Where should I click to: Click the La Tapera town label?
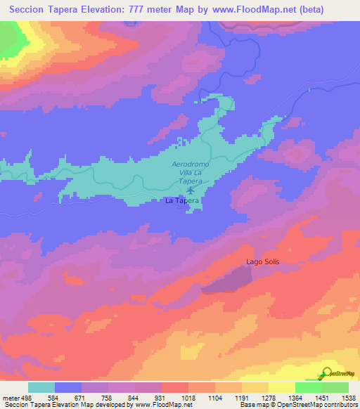[183, 200]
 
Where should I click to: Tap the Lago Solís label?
[263, 262]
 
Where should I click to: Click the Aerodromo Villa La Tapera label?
[191, 172]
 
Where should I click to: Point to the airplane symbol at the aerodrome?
[191, 190]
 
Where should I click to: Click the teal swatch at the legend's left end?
[41, 387]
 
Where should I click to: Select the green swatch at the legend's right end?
[335, 387]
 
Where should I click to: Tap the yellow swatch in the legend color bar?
[281, 387]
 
